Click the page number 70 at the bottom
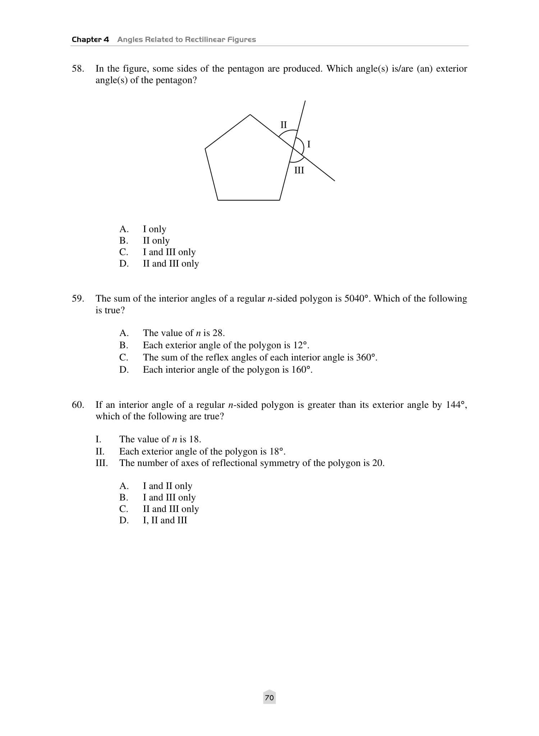269,698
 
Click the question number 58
78,69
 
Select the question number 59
78,299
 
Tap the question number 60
78,405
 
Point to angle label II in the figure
284,125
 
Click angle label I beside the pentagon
309,144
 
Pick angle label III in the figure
299,170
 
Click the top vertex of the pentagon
250,115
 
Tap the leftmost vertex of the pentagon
205,148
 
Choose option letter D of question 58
124,264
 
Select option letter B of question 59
124,345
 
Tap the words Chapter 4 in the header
90,39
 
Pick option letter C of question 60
124,509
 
